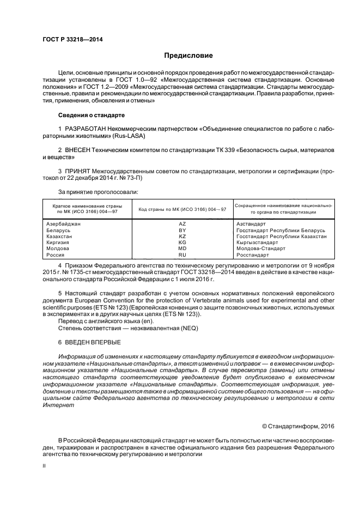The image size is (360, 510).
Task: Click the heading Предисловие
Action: [x=188, y=56]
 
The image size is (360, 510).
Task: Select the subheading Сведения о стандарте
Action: [x=91, y=116]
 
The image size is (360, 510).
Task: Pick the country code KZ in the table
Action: [x=182, y=236]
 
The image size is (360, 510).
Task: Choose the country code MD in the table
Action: [x=182, y=248]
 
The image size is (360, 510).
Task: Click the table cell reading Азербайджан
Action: [x=63, y=224]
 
